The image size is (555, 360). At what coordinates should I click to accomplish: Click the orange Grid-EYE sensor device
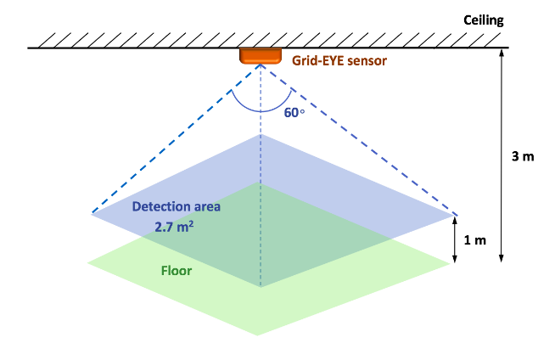click(260, 56)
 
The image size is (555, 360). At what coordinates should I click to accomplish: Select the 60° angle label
click(294, 111)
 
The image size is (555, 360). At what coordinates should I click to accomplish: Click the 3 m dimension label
click(523, 156)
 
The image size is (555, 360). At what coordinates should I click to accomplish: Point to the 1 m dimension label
click(475, 239)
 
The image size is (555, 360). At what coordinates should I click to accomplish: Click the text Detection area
click(177, 207)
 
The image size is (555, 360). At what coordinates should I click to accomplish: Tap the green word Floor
click(177, 272)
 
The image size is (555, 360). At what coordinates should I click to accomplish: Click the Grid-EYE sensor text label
click(339, 61)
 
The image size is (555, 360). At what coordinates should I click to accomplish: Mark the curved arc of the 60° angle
click(260, 110)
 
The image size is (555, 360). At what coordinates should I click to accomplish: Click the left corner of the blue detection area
click(92, 214)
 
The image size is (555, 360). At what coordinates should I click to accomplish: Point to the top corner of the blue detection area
click(261, 135)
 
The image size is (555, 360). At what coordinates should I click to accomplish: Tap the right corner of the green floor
click(448, 264)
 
